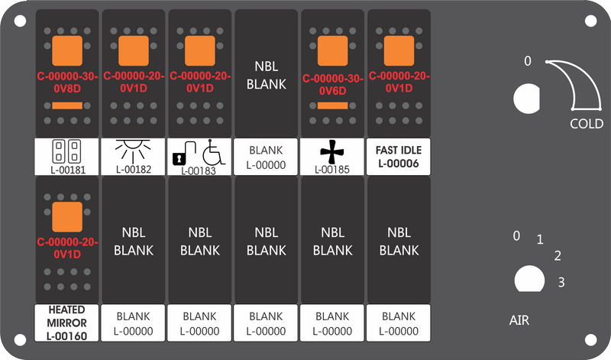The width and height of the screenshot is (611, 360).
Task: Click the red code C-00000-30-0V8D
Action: point(67,83)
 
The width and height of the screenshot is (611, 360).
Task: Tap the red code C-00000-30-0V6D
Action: point(332,85)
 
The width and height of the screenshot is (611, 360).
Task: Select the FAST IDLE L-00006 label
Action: point(399,157)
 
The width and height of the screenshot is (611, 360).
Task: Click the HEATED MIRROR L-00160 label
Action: point(66,323)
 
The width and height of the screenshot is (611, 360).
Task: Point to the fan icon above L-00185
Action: point(332,151)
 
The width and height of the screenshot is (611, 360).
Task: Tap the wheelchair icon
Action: point(214,152)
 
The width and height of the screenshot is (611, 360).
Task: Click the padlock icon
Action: point(183,153)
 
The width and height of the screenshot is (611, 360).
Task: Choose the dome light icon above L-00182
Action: point(133,150)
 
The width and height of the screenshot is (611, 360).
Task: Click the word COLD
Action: point(587,124)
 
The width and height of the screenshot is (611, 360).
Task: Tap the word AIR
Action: point(519,320)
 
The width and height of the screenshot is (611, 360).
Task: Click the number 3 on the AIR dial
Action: point(561,282)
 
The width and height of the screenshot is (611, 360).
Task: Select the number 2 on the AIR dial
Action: point(558,256)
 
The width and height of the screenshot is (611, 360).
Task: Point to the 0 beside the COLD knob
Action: point(528,61)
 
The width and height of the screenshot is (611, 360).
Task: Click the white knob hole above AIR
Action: point(529,279)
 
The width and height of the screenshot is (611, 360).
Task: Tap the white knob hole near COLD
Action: point(527,99)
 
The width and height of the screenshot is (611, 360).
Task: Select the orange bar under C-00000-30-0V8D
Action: point(67,105)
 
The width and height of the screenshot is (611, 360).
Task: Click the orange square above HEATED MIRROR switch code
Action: point(67,217)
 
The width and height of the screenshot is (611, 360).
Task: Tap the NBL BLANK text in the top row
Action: point(266,75)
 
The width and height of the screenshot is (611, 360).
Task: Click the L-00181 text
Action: point(67,170)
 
